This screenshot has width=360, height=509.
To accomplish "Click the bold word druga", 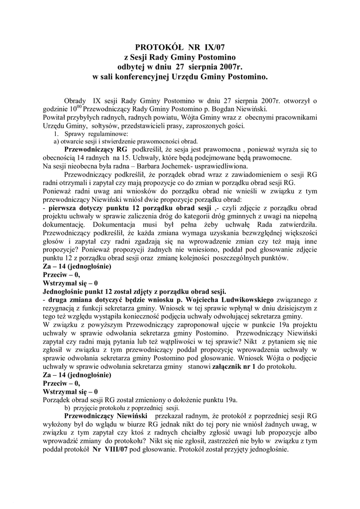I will point(59,300).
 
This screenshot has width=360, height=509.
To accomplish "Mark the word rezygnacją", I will point(60,309).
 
